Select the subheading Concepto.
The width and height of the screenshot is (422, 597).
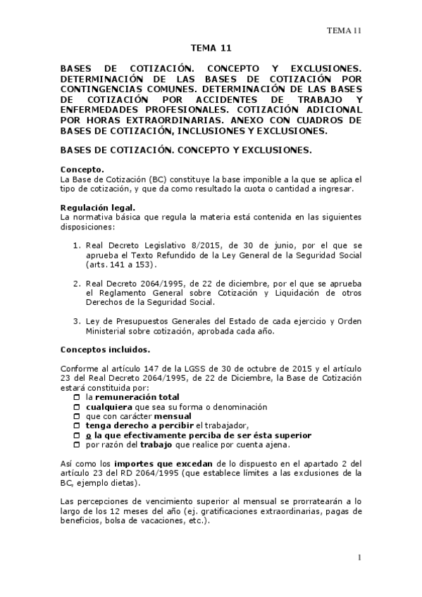tap(82, 170)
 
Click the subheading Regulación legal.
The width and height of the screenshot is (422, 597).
tap(98, 207)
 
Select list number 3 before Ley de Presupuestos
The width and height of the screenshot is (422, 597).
tap(77, 322)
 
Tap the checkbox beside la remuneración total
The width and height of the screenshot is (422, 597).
tap(77, 397)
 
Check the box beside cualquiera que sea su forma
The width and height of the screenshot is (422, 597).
tap(77, 407)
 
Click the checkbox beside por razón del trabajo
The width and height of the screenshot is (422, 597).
tap(77, 445)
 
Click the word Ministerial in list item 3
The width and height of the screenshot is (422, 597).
tap(108, 332)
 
